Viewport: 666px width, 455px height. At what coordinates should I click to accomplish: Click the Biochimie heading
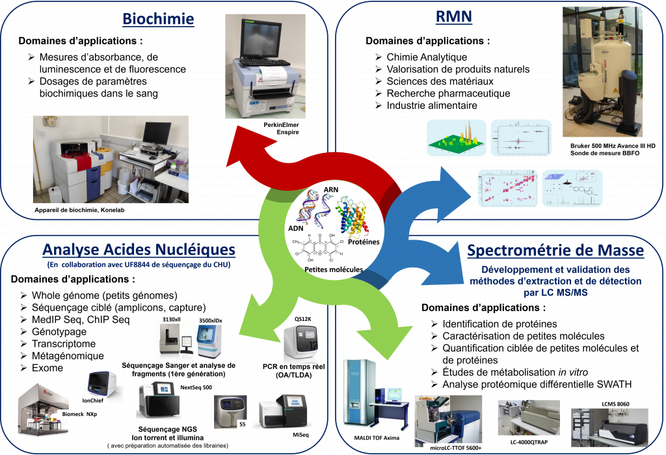(158, 19)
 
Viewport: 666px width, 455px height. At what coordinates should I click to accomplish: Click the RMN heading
(453, 18)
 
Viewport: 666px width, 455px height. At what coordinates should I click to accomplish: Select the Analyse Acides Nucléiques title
(139, 250)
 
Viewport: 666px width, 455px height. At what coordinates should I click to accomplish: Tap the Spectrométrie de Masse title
(555, 251)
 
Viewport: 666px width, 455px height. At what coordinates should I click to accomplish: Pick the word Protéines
(363, 242)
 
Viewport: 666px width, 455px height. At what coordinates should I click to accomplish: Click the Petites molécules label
(332, 268)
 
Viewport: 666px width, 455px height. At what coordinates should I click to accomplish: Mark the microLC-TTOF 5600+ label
(455, 448)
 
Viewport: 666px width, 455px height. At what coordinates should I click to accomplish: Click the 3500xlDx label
(209, 322)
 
